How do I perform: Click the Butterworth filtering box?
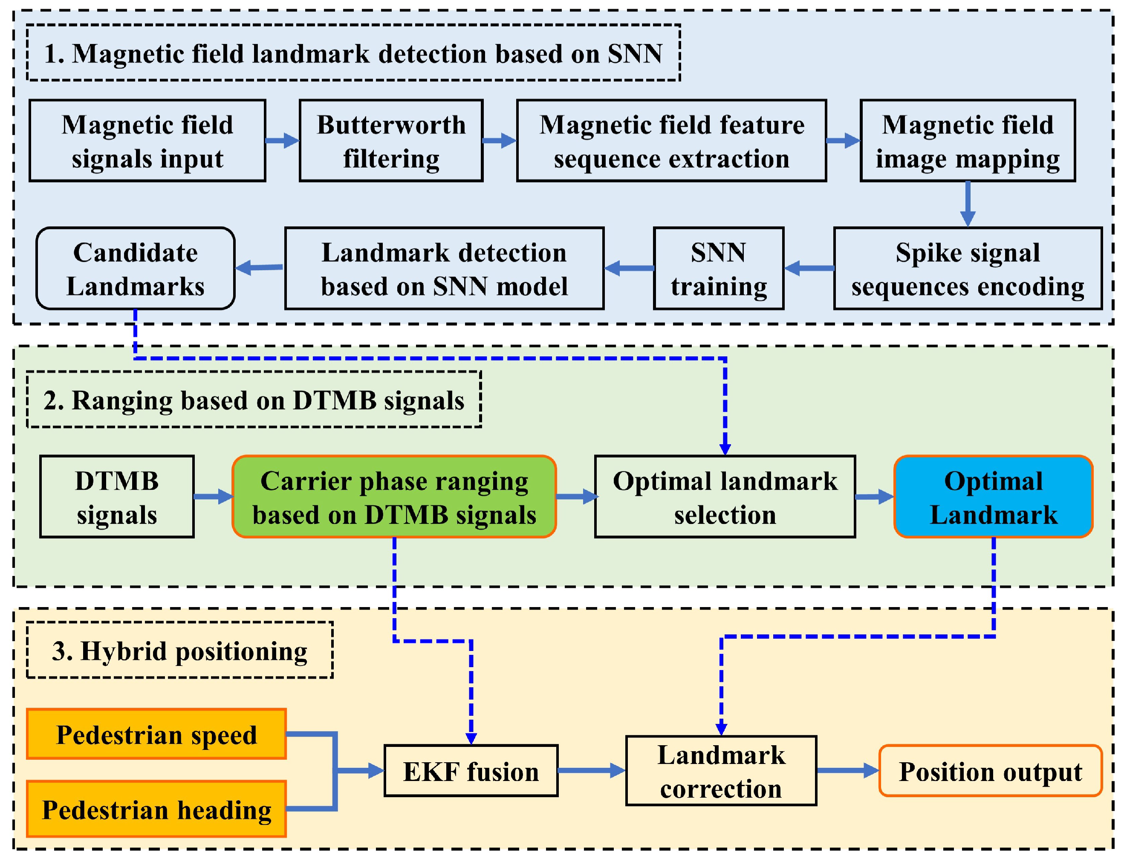pos(391,141)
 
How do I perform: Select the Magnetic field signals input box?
pos(147,141)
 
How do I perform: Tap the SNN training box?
pos(718,268)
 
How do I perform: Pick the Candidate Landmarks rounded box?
pos(136,268)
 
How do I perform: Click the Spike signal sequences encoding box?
pos(968,268)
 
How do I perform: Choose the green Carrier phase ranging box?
pos(394,497)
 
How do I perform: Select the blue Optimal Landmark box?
pos(993,497)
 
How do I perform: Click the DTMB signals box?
pos(117,497)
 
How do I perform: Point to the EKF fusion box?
pos(471,771)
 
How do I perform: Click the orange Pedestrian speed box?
pos(156,734)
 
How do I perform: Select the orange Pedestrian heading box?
pos(156,809)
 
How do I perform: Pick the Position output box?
pos(990,771)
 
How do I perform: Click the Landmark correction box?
pos(721,771)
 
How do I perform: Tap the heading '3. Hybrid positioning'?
pos(179,651)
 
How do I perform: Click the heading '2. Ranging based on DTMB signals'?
pos(254,400)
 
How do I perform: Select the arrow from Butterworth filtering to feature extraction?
pos(499,141)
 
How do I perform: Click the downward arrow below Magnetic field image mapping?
pos(968,204)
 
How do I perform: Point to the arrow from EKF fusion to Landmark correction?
pos(591,770)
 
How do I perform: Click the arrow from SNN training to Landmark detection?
pos(629,268)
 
